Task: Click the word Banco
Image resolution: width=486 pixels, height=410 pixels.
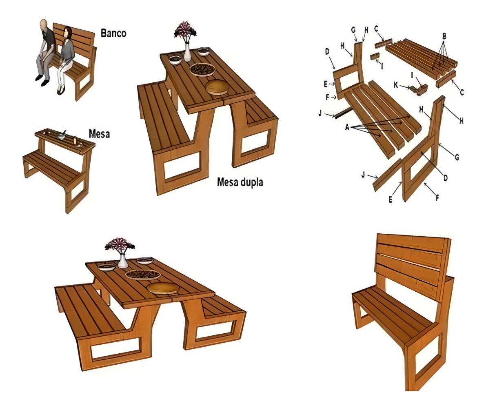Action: (113, 33)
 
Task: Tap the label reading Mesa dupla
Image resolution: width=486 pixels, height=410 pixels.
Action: (240, 182)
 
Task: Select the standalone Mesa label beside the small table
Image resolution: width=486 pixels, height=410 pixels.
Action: (99, 134)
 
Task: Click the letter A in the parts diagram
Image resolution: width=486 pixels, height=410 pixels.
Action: (347, 127)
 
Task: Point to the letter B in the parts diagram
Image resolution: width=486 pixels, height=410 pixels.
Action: (444, 36)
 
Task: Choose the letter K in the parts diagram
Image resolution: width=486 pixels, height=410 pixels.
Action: (396, 84)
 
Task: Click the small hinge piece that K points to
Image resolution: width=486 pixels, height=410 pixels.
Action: (418, 90)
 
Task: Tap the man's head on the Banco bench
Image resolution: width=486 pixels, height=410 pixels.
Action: (44, 24)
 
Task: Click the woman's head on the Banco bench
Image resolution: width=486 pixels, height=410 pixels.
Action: (68, 32)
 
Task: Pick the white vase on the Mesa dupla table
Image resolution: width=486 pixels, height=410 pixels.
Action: (187, 52)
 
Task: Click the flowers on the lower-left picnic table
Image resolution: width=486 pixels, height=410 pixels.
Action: (120, 244)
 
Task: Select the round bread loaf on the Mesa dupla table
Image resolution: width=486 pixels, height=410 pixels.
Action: (217, 87)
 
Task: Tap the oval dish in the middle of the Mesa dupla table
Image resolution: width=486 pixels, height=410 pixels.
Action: (203, 69)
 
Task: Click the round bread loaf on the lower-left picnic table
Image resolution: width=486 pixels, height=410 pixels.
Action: (163, 288)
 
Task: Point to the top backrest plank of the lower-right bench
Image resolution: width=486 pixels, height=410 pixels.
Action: (412, 242)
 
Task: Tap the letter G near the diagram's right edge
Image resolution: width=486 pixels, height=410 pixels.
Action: (457, 157)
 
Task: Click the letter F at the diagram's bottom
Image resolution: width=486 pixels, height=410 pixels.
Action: (437, 197)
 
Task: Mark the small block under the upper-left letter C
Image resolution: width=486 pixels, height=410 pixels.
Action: (384, 44)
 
